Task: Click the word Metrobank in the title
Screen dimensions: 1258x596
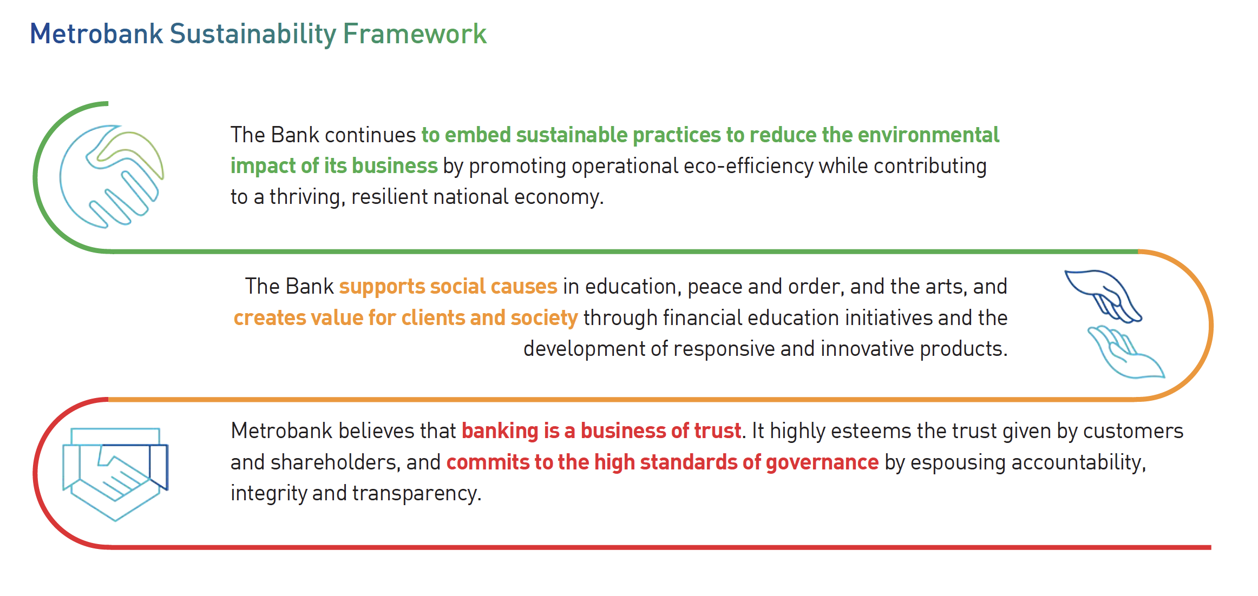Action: [x=96, y=34]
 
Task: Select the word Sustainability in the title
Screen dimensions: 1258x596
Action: [x=253, y=35]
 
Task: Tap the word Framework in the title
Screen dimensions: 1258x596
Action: [x=415, y=34]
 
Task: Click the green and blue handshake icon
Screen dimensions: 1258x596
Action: [x=112, y=176]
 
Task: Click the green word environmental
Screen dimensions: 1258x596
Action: [x=928, y=135]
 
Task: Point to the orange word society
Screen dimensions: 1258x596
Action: [x=544, y=318]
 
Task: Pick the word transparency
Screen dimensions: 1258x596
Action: [x=417, y=494]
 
